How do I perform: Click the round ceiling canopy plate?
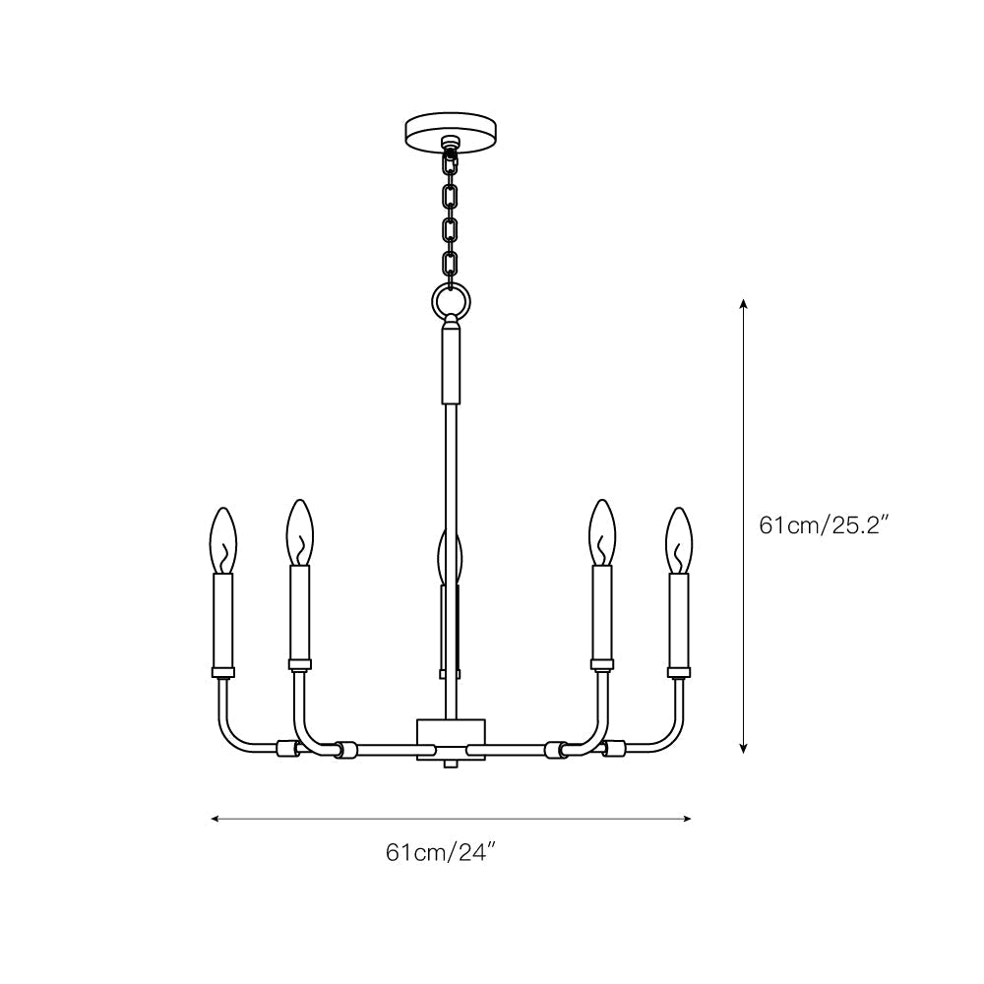click(452, 130)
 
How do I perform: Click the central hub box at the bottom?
click(452, 733)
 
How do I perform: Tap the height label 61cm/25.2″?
click(825, 524)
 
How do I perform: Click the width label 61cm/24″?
click(439, 852)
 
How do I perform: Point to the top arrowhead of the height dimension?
click(745, 304)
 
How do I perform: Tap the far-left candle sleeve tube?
click(224, 620)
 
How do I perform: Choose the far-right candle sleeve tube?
click(679, 620)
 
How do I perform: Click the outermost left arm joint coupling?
click(288, 748)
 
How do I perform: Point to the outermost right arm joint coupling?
click(615, 748)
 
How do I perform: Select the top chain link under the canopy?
click(452, 165)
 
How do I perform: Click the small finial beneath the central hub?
click(452, 763)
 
